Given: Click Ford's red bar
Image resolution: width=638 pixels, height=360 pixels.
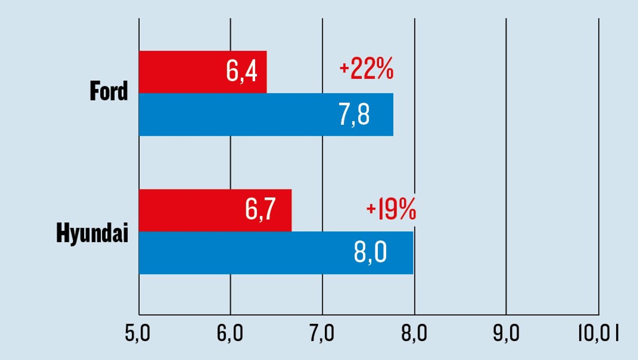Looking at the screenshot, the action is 203,72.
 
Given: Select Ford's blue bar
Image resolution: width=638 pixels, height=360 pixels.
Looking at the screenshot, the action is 266,114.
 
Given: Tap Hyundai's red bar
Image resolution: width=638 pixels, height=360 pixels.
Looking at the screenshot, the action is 215,210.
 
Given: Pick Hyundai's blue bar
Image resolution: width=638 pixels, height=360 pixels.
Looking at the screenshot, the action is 276,253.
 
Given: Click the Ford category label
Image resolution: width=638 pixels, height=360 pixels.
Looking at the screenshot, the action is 109,91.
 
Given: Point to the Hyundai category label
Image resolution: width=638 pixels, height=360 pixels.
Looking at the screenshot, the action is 92,233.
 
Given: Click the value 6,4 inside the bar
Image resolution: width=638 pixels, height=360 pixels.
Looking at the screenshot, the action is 242,71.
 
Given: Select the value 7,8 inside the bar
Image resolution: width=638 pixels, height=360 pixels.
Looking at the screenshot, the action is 354,114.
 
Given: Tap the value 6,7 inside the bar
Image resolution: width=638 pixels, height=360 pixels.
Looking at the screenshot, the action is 260,209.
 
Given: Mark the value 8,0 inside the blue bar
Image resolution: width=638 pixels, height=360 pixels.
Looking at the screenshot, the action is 370,252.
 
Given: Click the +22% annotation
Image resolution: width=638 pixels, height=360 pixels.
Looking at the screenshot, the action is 367,68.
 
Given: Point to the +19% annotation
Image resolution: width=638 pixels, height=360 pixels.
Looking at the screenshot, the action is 391,209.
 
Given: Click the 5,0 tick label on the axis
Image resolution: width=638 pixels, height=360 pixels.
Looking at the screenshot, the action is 137,333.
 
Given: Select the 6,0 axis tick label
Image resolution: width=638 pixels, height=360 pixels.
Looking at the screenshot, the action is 230,333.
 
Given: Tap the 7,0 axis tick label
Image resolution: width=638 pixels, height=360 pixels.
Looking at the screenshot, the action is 322,333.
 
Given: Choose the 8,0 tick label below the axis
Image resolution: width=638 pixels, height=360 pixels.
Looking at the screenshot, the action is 414,333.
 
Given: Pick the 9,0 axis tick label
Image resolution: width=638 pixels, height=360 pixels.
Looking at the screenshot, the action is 506,333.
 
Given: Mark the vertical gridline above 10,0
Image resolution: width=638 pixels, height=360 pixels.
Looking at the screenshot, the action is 599,166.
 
